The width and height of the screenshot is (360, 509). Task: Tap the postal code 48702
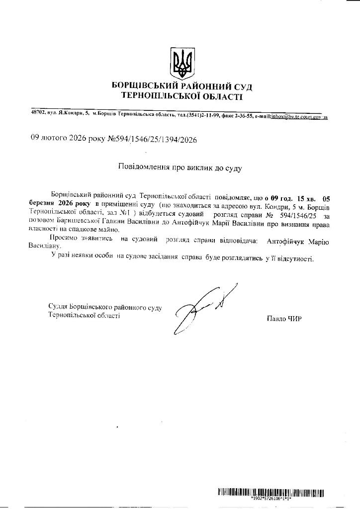(x=38, y=114)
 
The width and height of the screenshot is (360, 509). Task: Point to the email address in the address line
(x=299, y=116)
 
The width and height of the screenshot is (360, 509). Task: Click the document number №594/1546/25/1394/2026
(x=152, y=140)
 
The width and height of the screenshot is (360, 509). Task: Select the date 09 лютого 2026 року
(x=68, y=139)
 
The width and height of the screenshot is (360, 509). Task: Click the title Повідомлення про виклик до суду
(x=180, y=168)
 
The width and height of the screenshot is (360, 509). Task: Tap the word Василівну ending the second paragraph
(x=45, y=246)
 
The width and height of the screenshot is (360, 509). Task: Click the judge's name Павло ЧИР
(x=284, y=319)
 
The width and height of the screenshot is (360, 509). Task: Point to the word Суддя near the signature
(x=58, y=308)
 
